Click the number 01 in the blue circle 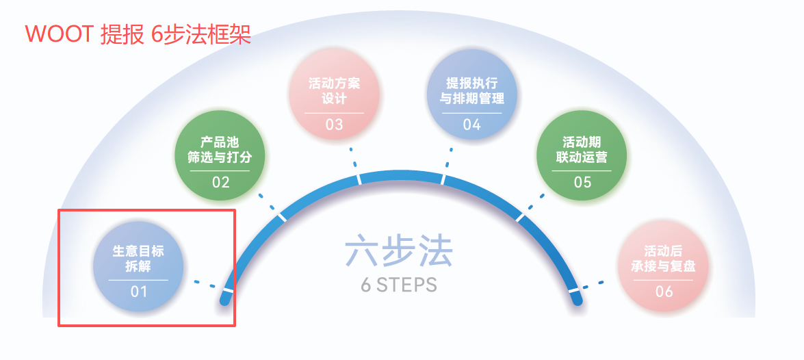138,292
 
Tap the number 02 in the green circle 220,182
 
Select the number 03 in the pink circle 334,125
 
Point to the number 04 471,125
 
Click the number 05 582,182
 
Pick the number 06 664,292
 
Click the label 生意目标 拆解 138,259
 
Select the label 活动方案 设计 335,90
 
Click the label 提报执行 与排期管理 471,90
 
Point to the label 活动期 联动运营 582,149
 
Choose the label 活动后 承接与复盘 664,259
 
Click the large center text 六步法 399,250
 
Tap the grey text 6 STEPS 399,285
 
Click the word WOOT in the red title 59,34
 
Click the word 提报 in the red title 122,34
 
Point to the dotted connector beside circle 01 205,283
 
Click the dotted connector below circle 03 353,157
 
